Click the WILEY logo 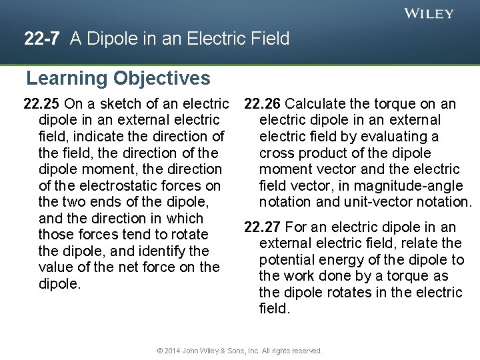[x=429, y=13]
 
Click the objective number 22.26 [x=263, y=104]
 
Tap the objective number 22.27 [x=263, y=227]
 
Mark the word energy [x=342, y=260]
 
